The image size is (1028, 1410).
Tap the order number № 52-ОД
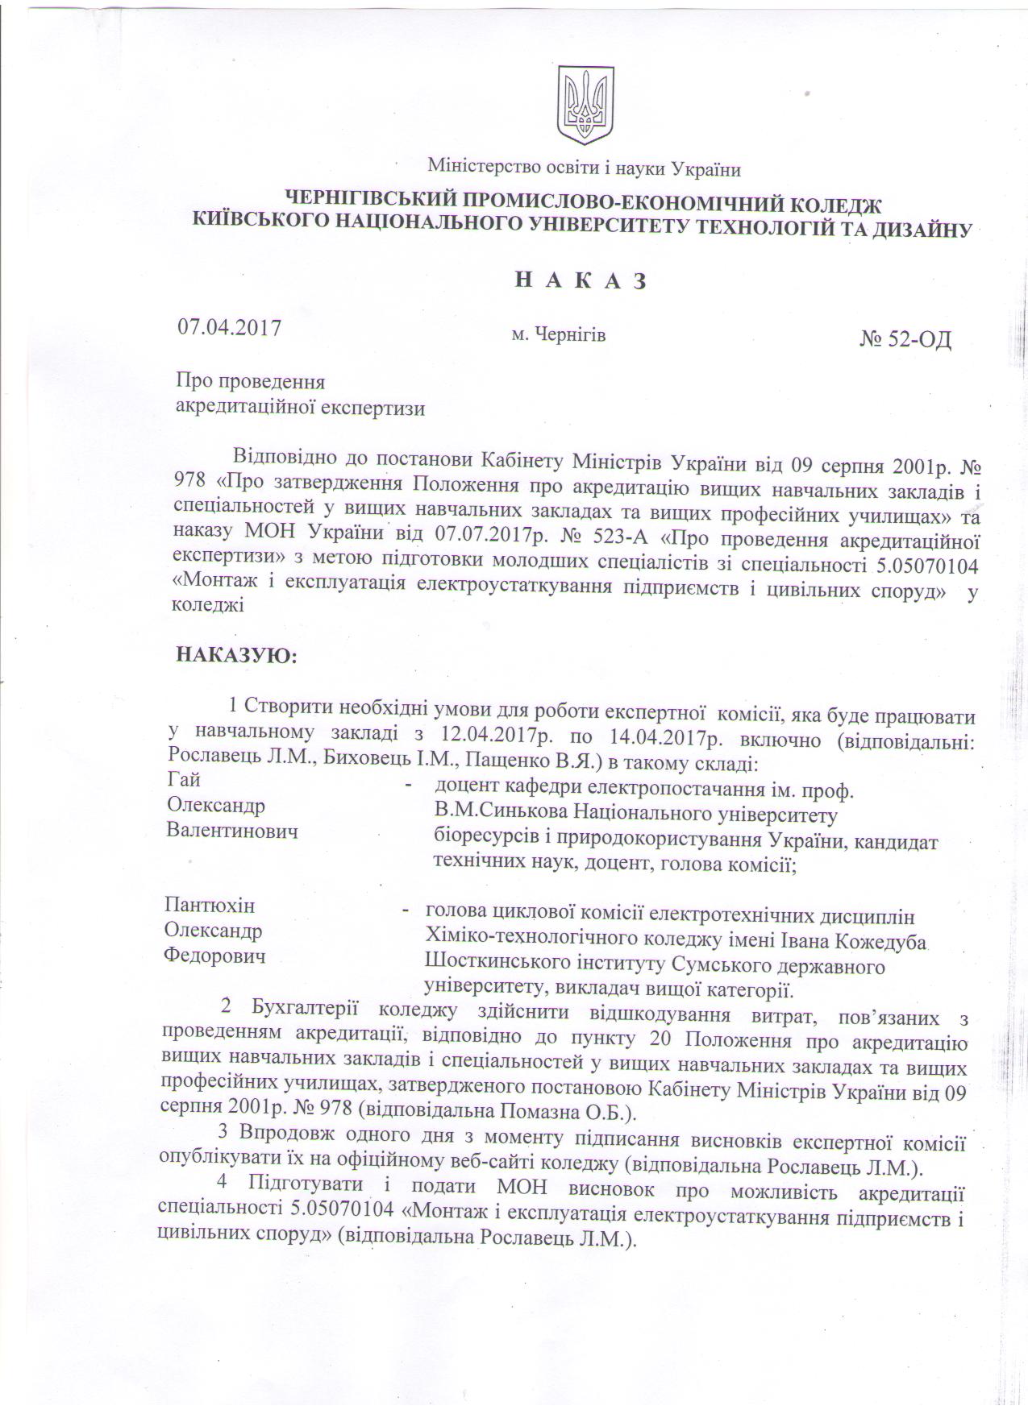tap(906, 339)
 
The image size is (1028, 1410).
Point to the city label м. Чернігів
tap(558, 334)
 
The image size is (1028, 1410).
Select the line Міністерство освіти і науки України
tap(584, 168)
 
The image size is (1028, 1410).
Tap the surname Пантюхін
tap(210, 905)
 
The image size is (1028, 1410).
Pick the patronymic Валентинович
tap(232, 831)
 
